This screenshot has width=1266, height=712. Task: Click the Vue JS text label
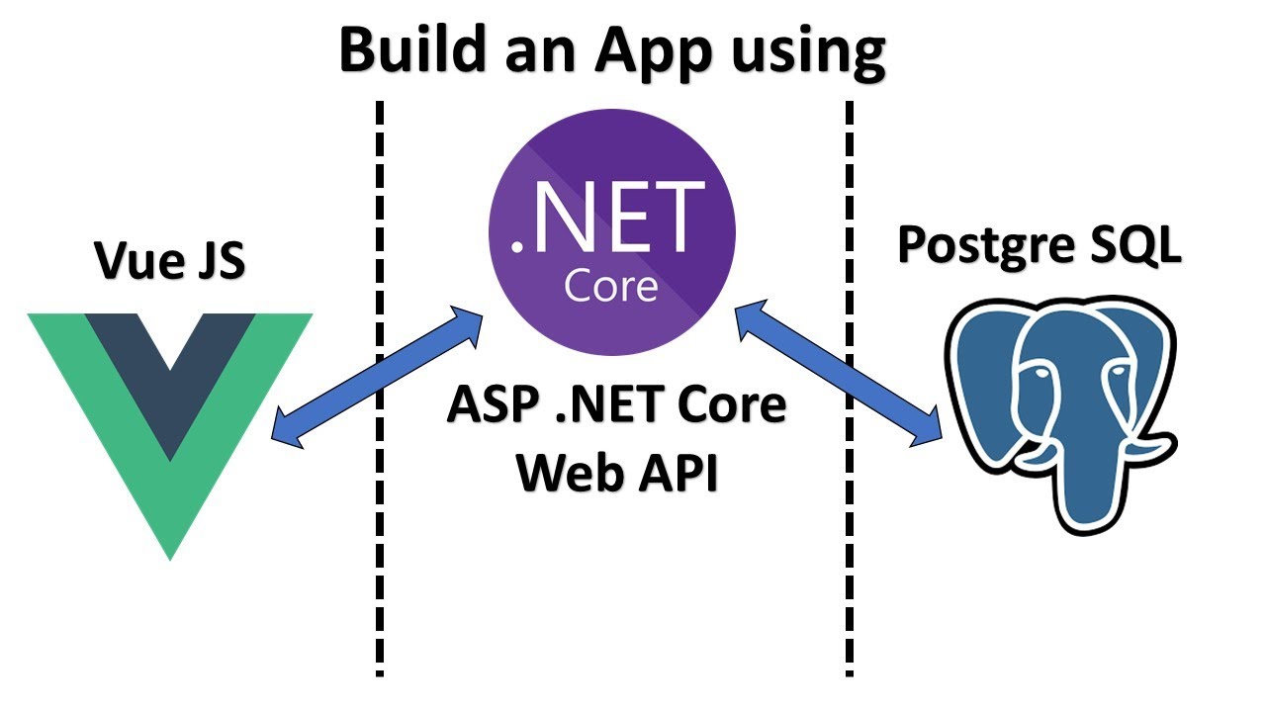[x=169, y=261]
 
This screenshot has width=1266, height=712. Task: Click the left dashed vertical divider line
[x=379, y=554]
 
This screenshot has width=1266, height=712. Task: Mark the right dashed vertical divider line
[x=849, y=554]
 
